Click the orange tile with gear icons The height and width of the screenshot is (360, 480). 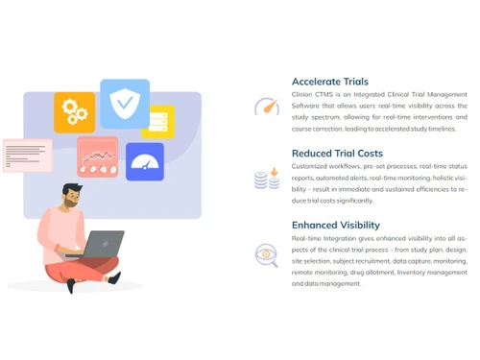pyautogui.click(x=74, y=112)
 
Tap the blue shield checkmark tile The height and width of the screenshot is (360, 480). pyautogui.click(x=125, y=103)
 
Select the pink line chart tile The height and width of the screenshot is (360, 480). pyautogui.click(x=97, y=156)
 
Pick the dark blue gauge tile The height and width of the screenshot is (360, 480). pyautogui.click(x=145, y=161)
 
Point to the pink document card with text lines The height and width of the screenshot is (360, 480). pyautogui.click(x=27, y=155)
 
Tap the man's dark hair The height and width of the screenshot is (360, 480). pyautogui.click(x=73, y=191)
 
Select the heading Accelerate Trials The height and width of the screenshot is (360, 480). pyautogui.click(x=329, y=82)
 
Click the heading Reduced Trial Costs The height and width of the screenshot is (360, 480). pyautogui.click(x=337, y=154)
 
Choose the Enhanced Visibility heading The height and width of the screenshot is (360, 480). pyautogui.click(x=336, y=225)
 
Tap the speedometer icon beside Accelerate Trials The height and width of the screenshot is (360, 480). pyautogui.click(x=266, y=107)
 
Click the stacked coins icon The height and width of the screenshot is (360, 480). pyautogui.click(x=266, y=180)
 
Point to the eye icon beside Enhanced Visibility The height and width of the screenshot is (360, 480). pyautogui.click(x=266, y=253)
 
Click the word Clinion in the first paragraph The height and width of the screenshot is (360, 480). pyautogui.click(x=302, y=95)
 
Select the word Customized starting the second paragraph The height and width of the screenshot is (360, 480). pyautogui.click(x=311, y=166)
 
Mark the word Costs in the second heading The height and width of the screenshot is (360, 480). pyautogui.click(x=368, y=154)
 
